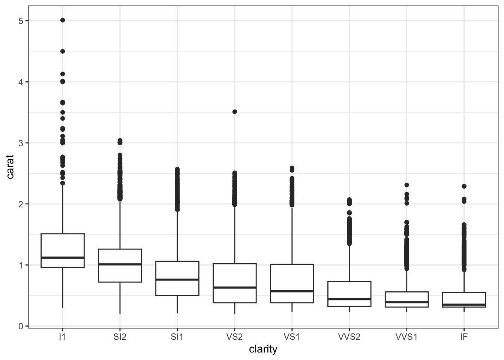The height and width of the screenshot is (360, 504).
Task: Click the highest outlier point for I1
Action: [x=63, y=20]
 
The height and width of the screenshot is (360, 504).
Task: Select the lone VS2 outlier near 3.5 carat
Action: [x=235, y=112]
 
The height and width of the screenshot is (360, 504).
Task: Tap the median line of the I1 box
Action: [x=63, y=258]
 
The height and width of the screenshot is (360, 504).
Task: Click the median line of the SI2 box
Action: [x=120, y=264]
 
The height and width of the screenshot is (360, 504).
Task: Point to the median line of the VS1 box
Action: [x=292, y=291]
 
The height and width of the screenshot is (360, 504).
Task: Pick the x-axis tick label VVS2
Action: [x=349, y=337]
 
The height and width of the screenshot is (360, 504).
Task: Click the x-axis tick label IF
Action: [x=464, y=337]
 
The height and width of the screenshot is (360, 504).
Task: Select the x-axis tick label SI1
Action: [x=177, y=337]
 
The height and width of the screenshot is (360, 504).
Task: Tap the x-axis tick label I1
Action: [x=63, y=337]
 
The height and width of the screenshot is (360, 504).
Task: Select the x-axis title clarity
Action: [x=263, y=349]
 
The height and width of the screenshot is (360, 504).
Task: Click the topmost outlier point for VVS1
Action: [x=407, y=185]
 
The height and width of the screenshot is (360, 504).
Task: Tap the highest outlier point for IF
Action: [x=464, y=186]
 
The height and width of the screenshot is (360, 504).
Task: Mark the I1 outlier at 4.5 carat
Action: [x=63, y=51]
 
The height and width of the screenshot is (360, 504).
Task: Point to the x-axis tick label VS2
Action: [x=235, y=337]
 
